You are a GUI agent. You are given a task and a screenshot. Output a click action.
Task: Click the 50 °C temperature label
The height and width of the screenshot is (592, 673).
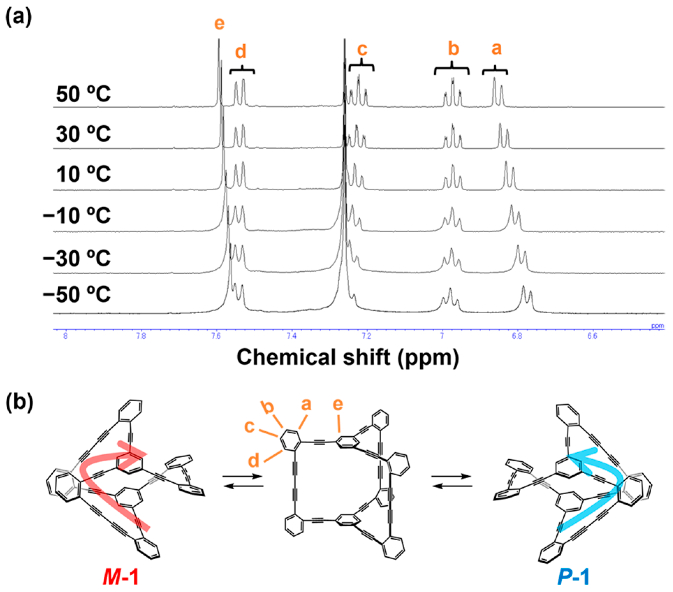pyautogui.click(x=83, y=94)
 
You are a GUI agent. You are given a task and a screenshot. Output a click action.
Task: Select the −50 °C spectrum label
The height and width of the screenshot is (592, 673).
pyautogui.click(x=77, y=294)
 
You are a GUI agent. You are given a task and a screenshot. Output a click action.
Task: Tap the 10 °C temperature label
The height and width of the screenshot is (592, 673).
pyautogui.click(x=83, y=174)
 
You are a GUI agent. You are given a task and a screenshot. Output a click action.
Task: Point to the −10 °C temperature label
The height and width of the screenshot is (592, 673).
pyautogui.click(x=77, y=215)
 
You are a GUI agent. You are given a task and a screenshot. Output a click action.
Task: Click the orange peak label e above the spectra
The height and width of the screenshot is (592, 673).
pyautogui.click(x=219, y=23)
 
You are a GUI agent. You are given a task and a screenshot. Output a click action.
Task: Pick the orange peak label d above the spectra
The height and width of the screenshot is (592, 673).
pyautogui.click(x=241, y=52)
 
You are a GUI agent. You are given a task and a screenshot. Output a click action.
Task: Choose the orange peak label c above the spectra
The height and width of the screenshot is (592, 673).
pyautogui.click(x=362, y=49)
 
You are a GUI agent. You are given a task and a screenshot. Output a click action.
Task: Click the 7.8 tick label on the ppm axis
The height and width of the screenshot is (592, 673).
pyautogui.click(x=141, y=336)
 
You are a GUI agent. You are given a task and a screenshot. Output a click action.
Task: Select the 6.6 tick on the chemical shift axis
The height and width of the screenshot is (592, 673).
pyautogui.click(x=592, y=336)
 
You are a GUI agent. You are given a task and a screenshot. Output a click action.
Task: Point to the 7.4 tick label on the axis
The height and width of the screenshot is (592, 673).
pyautogui.click(x=291, y=336)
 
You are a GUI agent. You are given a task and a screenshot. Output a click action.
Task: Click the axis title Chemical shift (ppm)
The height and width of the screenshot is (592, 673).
pyautogui.click(x=348, y=358)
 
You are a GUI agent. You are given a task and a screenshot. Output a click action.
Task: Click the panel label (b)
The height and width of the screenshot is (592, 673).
pyautogui.click(x=19, y=402)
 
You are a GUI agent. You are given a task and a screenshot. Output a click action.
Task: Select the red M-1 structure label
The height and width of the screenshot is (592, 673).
pyautogui.click(x=121, y=576)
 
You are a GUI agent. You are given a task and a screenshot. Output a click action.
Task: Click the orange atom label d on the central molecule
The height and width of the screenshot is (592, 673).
pyautogui.click(x=254, y=461)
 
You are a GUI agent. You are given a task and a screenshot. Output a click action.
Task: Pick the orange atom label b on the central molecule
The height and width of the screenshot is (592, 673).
pyautogui.click(x=268, y=407)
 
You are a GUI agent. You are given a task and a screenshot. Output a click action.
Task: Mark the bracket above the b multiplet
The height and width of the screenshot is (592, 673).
pyautogui.click(x=452, y=69)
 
